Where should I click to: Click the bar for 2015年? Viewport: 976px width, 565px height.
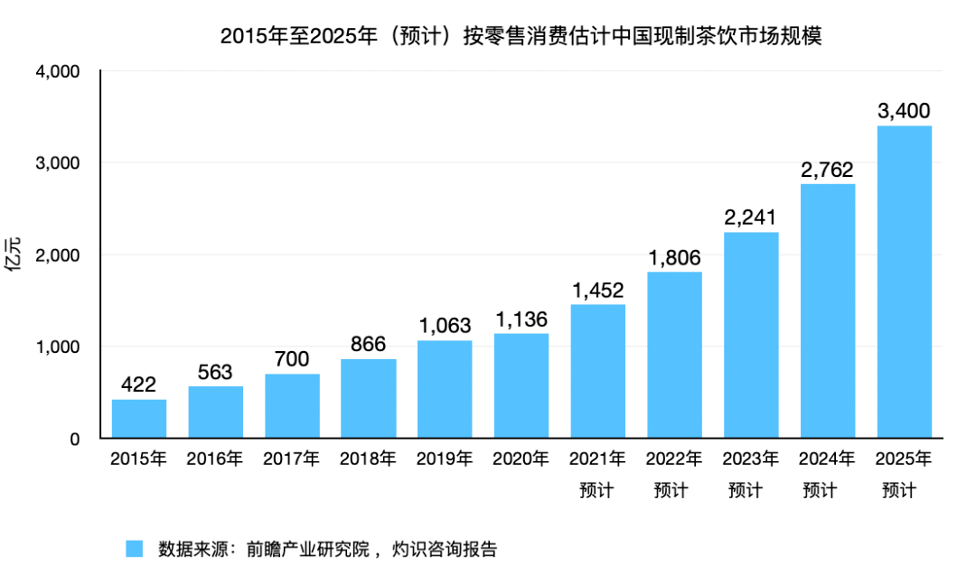138,419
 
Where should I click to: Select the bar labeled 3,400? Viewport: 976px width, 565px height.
905,282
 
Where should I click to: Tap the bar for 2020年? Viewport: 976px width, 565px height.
521,386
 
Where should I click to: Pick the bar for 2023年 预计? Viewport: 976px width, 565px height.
751,335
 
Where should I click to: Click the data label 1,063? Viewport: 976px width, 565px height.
445,325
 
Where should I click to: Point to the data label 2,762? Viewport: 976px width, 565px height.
828,169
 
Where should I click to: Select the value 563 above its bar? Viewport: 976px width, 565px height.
215,372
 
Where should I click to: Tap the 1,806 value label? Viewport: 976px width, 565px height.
674,257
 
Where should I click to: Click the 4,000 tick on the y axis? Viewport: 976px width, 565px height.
58,71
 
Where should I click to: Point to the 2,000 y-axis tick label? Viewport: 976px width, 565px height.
58,255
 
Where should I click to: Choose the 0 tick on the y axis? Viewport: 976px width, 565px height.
75,440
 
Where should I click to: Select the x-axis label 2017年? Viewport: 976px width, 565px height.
292,458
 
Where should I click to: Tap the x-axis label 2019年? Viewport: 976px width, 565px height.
445,458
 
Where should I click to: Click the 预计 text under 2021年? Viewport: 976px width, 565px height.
597,491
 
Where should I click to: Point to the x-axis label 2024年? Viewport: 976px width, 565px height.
828,458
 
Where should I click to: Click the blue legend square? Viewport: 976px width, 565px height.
135,549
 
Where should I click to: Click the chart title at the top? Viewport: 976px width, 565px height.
521,37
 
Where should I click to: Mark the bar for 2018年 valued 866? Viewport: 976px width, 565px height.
368,399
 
